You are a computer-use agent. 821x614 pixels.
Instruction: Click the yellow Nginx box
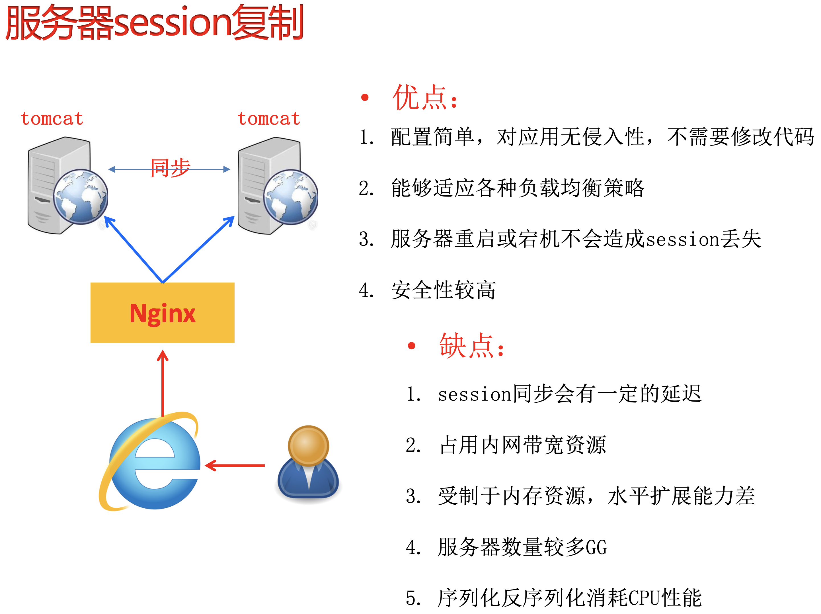(162, 313)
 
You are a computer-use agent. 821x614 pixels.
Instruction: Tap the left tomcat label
(52, 119)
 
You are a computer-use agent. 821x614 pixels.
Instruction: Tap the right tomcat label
(269, 119)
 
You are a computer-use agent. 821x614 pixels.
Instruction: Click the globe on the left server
(81, 197)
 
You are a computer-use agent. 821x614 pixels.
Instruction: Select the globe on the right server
(291, 197)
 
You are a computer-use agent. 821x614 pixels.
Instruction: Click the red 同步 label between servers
(170, 168)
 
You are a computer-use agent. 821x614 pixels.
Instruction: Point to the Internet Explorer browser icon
(149, 461)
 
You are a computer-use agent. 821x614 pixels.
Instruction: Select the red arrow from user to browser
(235, 465)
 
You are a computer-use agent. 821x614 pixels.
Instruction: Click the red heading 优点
(425, 97)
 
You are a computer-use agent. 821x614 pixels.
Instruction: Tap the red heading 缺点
(472, 346)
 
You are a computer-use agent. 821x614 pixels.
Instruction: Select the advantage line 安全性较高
(444, 290)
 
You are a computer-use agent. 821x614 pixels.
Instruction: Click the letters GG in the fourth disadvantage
(596, 547)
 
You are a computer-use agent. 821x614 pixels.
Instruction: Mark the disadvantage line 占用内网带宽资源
(523, 445)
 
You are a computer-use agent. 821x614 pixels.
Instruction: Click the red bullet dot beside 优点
(365, 97)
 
